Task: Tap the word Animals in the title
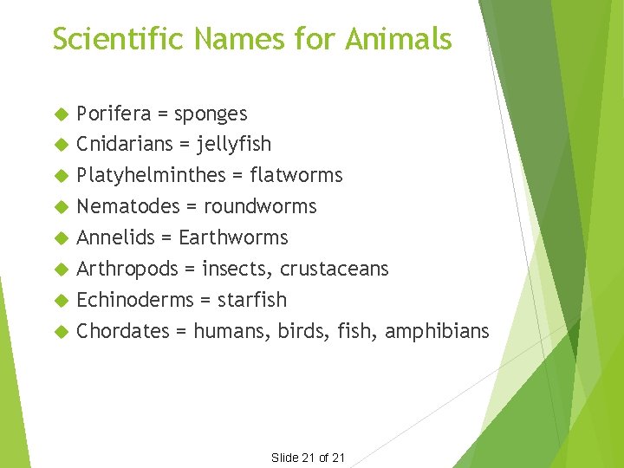pyautogui.click(x=399, y=39)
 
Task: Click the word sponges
pyautogui.click(x=211, y=114)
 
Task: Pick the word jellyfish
pyautogui.click(x=234, y=145)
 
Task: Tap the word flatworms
pyautogui.click(x=296, y=175)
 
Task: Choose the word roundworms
pyautogui.click(x=260, y=206)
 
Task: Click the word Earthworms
pyautogui.click(x=233, y=237)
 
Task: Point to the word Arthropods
pyautogui.click(x=127, y=270)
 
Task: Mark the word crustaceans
pyautogui.click(x=334, y=270)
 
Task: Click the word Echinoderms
pyautogui.click(x=133, y=300)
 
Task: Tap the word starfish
pyautogui.click(x=252, y=300)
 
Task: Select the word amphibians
pyautogui.click(x=437, y=331)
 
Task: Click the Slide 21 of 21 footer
pyautogui.click(x=309, y=458)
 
